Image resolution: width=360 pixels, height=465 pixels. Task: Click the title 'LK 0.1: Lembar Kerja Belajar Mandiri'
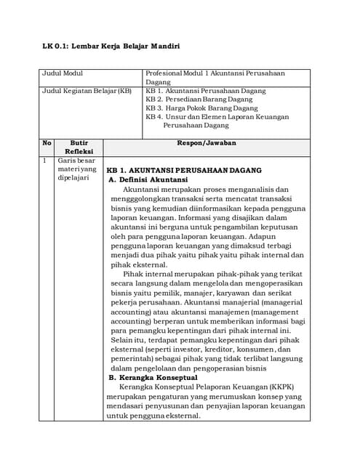[x=111, y=46]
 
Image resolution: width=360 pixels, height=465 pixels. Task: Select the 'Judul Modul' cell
[x=63, y=73]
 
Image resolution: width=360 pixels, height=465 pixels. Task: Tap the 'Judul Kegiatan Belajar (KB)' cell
[x=87, y=91]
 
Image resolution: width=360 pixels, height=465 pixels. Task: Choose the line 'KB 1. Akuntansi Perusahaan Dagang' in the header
[x=206, y=91]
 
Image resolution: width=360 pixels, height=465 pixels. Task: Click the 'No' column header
[x=47, y=143]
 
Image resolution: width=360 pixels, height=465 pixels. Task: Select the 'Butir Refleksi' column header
[x=78, y=147]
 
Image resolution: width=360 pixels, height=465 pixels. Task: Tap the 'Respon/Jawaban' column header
[x=207, y=143]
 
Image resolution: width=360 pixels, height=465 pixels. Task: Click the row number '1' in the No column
[x=45, y=160]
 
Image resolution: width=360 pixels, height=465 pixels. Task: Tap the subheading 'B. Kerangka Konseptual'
[x=153, y=378]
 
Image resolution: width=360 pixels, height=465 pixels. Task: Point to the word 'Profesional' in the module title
[x=164, y=73]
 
